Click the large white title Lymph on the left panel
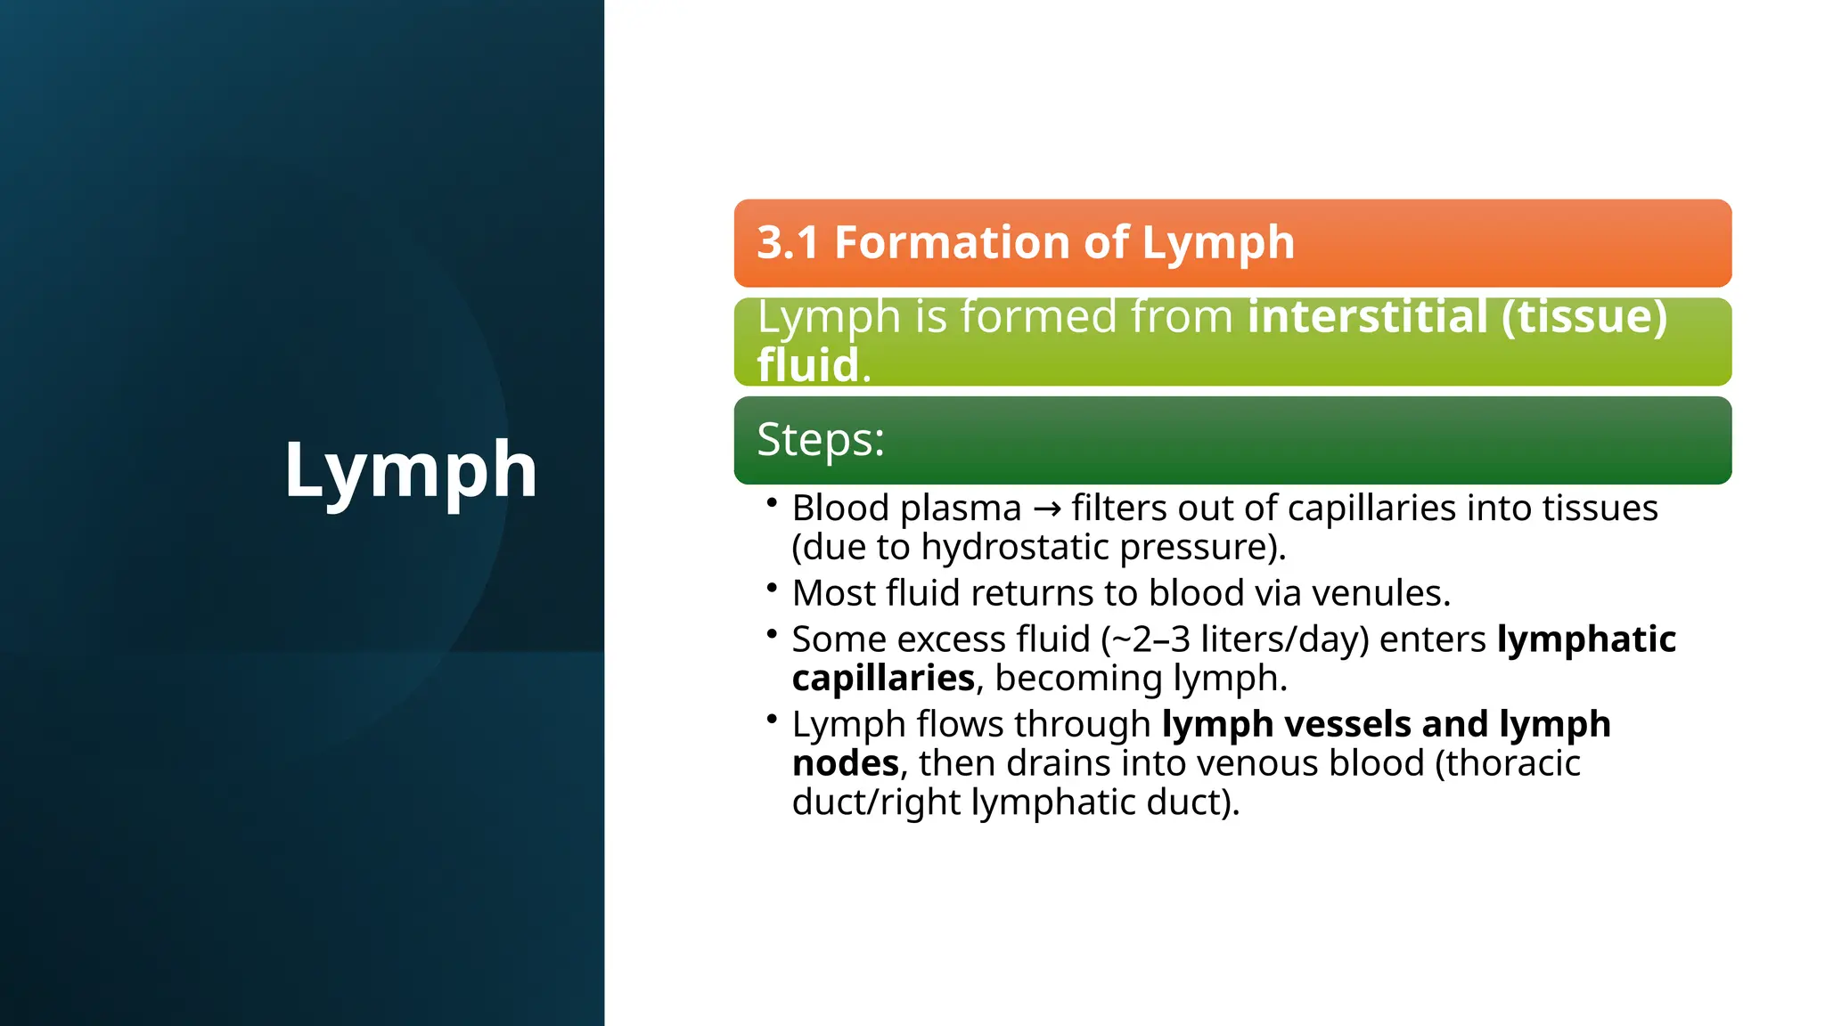[x=410, y=470]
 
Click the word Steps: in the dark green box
[x=820, y=439]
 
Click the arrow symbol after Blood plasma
[x=1047, y=509]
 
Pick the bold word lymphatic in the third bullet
[x=1586, y=639]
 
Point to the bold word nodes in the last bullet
[x=846, y=763]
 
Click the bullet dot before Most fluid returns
[x=772, y=588]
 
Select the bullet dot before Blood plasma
[x=772, y=503]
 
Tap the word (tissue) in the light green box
[x=1584, y=317]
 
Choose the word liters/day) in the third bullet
[x=1284, y=639]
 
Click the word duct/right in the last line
[x=877, y=802]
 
